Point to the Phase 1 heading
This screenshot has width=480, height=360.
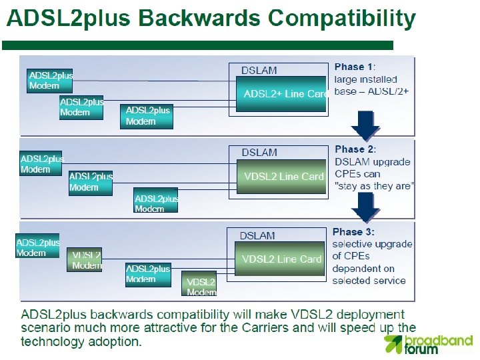tap(353, 67)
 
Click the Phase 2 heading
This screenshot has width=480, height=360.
tap(355, 149)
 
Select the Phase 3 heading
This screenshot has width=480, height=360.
tap(353, 232)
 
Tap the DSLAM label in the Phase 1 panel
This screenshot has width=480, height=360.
tap(259, 70)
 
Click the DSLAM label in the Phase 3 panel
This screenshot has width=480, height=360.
tap(257, 235)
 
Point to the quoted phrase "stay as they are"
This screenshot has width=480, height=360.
tap(373, 186)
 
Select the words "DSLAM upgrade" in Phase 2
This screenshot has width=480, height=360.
tap(372, 162)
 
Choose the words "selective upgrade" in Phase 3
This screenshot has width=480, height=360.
tap(372, 244)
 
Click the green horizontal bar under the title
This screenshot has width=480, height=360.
tap(197, 45)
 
